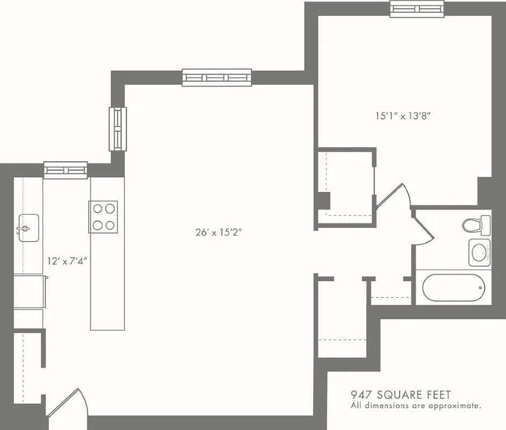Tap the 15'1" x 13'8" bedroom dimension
403,115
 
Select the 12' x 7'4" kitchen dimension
67,262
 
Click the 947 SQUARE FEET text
401,395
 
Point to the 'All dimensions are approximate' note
415,406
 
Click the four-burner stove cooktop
104,216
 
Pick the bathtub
453,288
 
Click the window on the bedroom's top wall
417,9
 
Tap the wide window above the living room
216,77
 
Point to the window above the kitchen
66,170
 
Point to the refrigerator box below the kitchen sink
29,291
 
